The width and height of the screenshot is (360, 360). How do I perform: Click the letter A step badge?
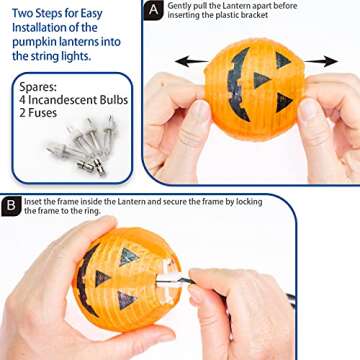point(153,11)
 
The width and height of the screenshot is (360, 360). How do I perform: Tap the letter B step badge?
point(11,206)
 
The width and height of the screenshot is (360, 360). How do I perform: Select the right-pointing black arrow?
point(320,61)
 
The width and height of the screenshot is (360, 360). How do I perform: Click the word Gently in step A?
point(180,6)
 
